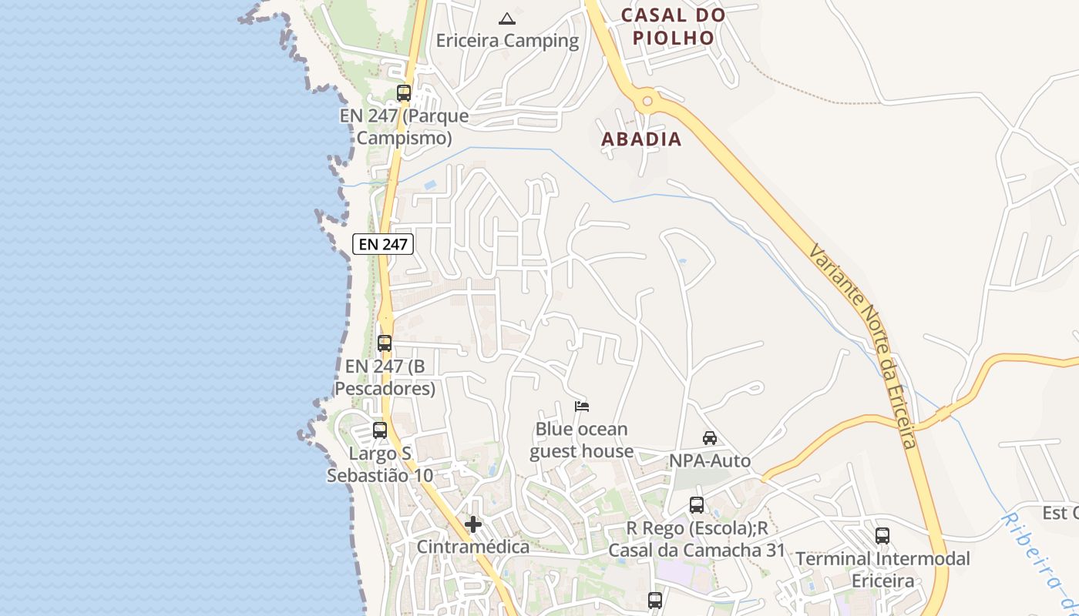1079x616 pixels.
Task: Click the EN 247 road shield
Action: (x=383, y=244)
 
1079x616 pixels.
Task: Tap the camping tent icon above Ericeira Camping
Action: (x=506, y=18)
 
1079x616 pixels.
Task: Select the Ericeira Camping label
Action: (x=507, y=41)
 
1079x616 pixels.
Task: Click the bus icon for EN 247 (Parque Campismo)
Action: (x=404, y=93)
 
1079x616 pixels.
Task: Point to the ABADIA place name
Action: (x=641, y=139)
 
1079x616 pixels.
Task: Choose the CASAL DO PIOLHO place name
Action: (x=673, y=26)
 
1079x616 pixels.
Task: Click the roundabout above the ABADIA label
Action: (x=647, y=100)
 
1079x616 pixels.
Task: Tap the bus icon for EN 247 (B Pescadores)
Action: (x=385, y=343)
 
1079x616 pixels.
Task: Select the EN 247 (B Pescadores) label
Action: (x=385, y=377)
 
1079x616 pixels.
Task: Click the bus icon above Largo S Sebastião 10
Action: (x=380, y=430)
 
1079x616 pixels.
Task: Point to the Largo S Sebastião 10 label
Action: (x=380, y=464)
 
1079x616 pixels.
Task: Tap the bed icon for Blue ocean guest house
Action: (x=582, y=406)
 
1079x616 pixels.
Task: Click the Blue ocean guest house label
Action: (x=582, y=440)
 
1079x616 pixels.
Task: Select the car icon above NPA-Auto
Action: (x=710, y=438)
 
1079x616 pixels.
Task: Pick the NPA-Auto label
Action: (x=710, y=461)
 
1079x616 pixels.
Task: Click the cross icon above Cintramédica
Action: (x=473, y=525)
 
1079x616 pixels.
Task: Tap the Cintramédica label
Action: (x=473, y=547)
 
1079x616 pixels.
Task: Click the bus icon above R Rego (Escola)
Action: (x=697, y=505)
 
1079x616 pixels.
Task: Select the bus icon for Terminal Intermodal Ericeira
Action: (x=882, y=536)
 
